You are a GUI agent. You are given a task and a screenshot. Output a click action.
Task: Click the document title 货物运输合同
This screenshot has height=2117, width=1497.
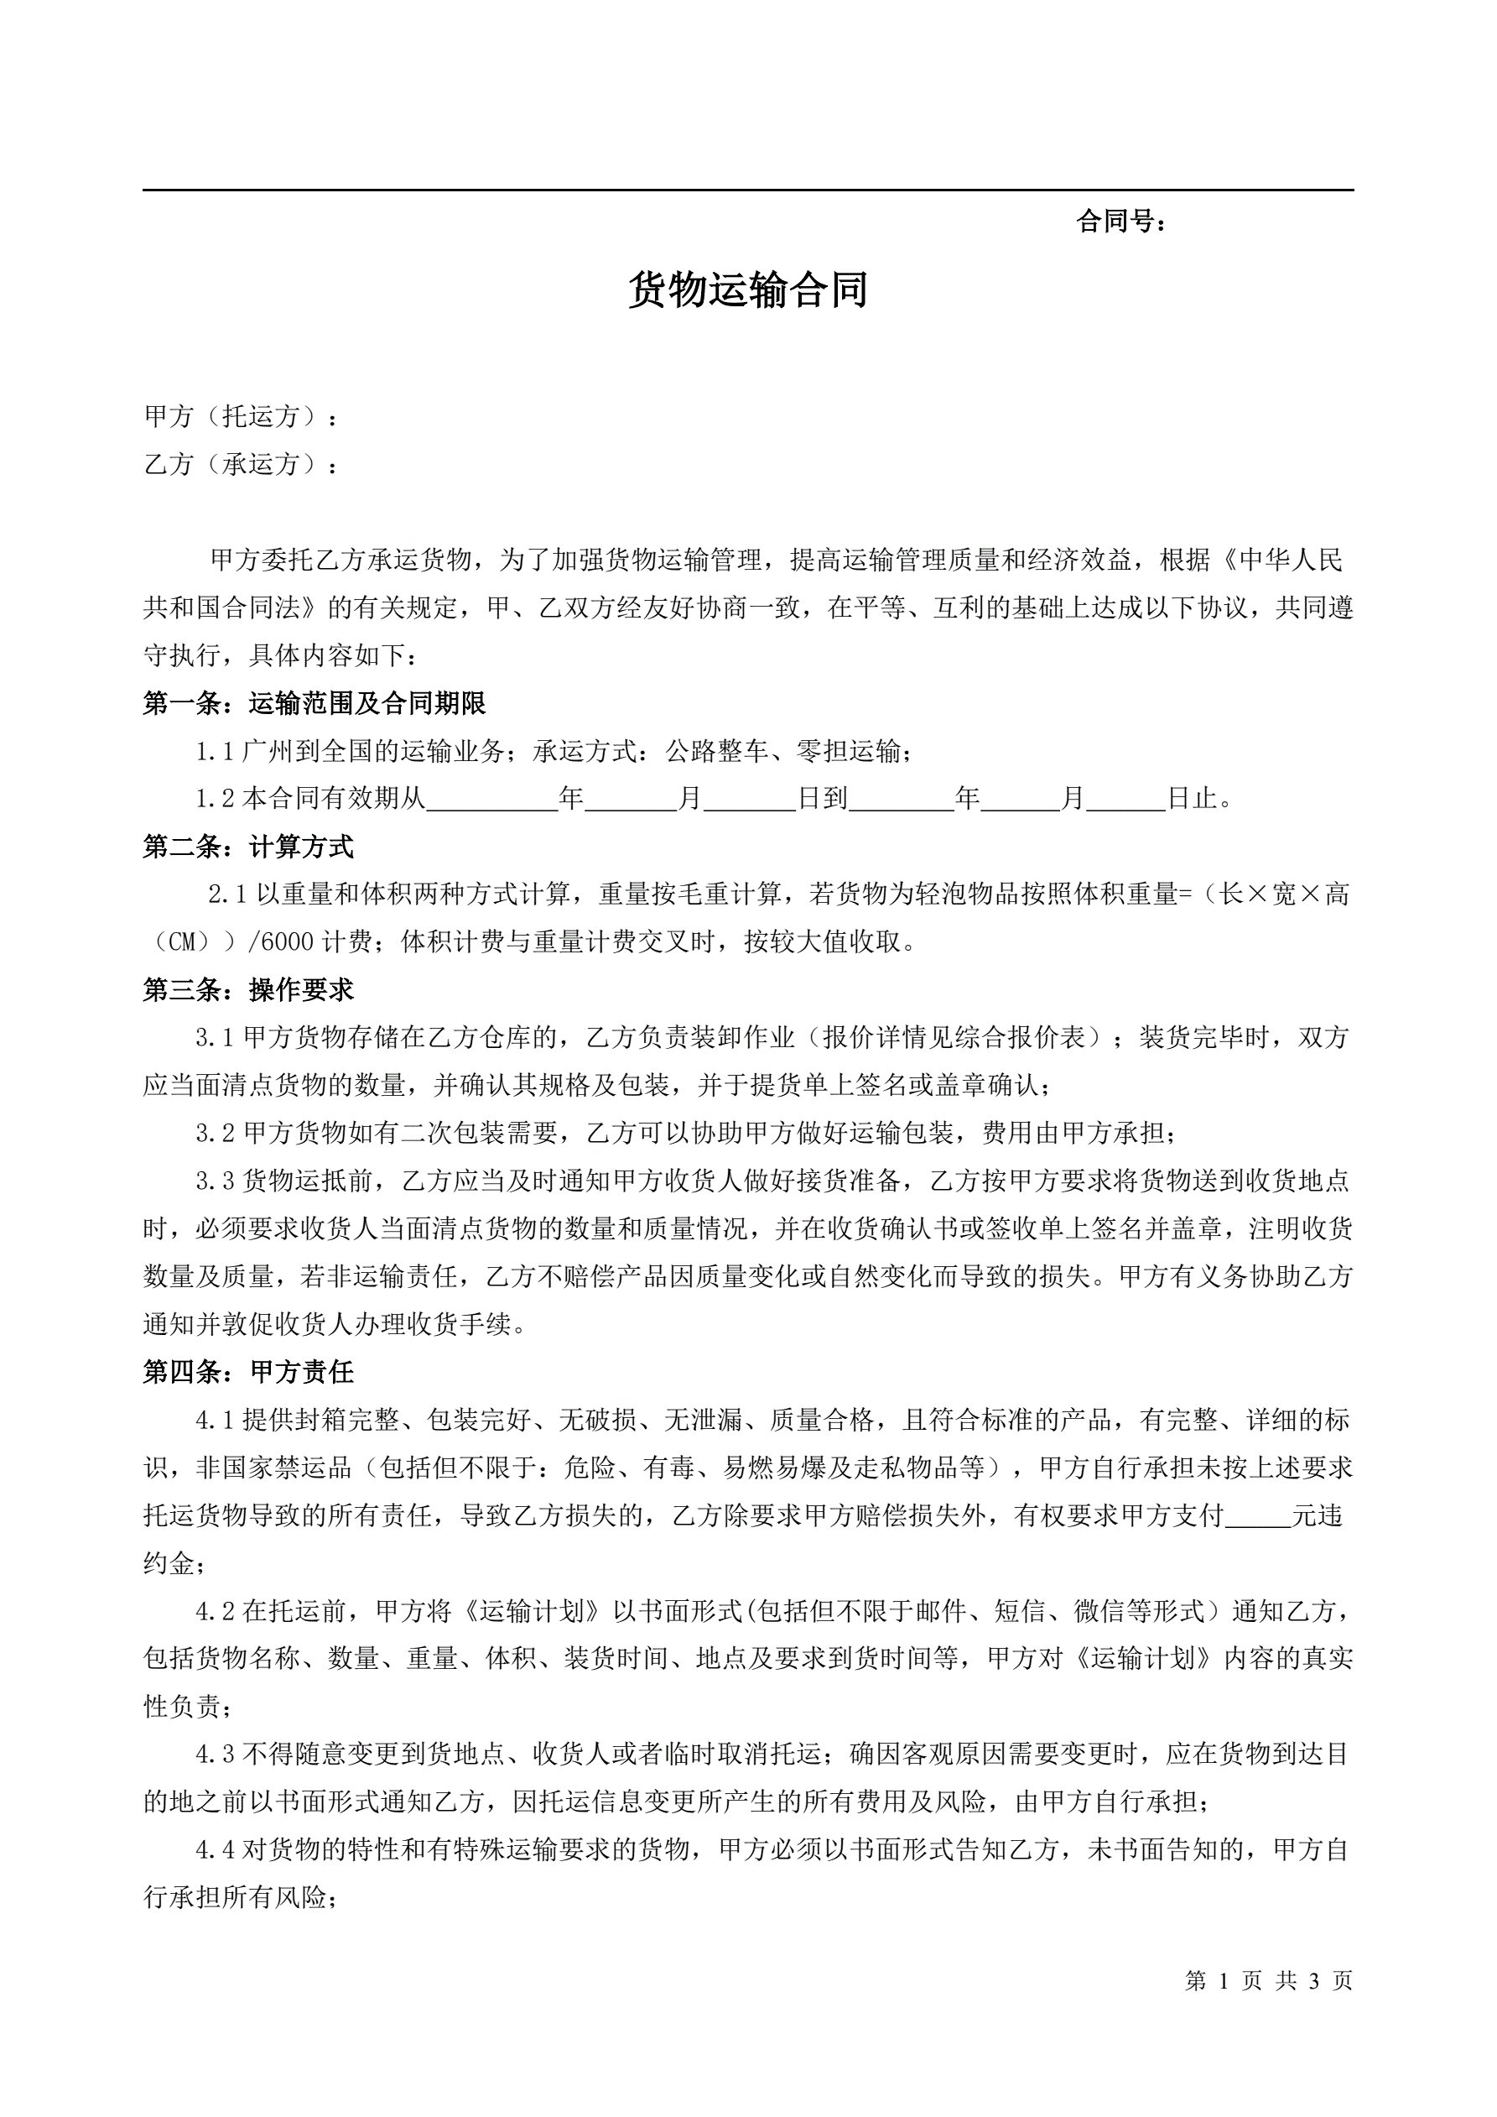[747, 289]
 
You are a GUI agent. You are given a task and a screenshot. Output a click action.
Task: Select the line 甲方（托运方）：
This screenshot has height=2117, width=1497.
[242, 417]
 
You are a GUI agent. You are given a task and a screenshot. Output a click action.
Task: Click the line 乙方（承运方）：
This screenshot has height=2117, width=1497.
[242, 464]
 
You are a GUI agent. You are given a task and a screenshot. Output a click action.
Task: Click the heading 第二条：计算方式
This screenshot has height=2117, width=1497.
[248, 847]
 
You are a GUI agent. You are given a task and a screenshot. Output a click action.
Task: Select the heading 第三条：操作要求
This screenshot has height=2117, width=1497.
[248, 989]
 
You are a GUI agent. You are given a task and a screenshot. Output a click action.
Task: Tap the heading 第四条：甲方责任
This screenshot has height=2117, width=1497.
[248, 1372]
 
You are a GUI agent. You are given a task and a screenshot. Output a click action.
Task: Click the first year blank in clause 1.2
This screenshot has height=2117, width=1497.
[492, 799]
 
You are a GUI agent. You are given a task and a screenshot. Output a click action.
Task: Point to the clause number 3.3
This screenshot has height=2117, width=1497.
[216, 1181]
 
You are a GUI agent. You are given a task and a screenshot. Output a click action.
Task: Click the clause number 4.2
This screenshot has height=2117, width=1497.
[216, 1611]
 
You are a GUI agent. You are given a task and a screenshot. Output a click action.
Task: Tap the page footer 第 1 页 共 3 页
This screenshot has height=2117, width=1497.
[1268, 1980]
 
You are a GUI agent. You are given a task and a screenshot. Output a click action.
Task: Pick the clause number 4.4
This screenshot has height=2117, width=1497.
[216, 1848]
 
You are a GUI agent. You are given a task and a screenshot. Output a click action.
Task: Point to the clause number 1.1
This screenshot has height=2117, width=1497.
[216, 752]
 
